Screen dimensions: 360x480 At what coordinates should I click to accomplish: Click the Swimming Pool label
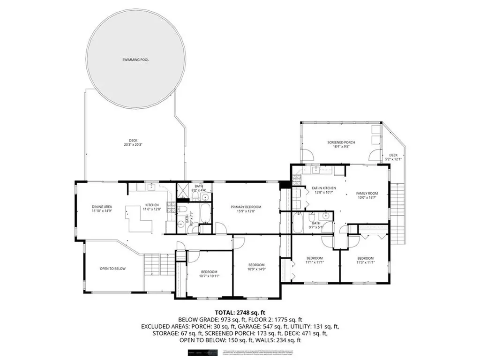[135, 60]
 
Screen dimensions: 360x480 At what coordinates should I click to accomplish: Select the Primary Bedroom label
[246, 207]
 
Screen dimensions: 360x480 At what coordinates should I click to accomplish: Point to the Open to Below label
[111, 269]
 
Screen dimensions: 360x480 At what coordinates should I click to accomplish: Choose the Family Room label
[367, 193]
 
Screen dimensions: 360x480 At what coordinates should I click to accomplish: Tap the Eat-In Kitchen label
[324, 188]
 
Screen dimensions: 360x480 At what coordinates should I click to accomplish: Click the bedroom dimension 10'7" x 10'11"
[209, 276]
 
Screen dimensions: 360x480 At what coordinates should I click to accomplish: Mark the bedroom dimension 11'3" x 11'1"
[365, 262]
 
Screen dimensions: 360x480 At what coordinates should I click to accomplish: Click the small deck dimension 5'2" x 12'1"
[393, 159]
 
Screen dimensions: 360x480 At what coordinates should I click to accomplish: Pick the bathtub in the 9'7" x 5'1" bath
[298, 223]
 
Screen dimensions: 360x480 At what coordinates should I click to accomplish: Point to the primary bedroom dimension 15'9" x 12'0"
[246, 211]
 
